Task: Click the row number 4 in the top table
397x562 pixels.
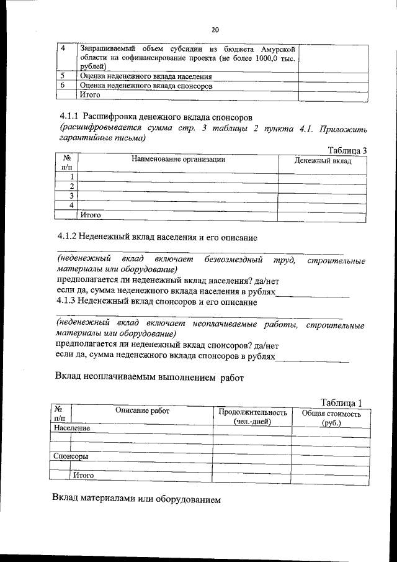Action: (x=62, y=48)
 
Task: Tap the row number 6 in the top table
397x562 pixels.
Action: (x=62, y=86)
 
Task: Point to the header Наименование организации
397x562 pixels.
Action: (x=178, y=160)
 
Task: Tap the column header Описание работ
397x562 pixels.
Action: (x=142, y=411)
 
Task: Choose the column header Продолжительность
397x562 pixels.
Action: (x=252, y=412)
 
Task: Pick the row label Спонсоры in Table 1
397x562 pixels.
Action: (x=70, y=456)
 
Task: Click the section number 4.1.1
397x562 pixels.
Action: (x=67, y=116)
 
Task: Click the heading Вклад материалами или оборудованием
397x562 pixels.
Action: (x=136, y=499)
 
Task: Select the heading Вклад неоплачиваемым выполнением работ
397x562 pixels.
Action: (x=149, y=376)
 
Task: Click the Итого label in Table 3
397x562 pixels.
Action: (x=89, y=215)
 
